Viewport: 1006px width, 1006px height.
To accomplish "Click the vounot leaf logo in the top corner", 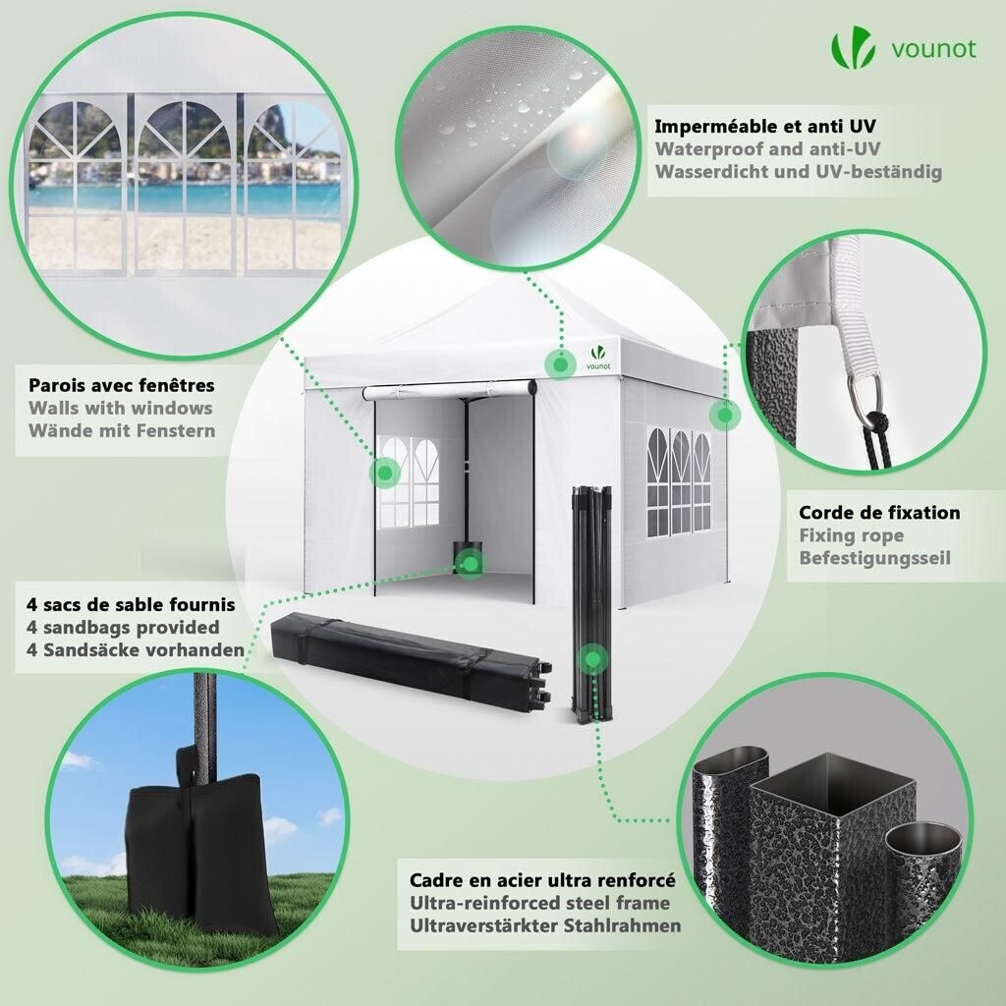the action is click(853, 49).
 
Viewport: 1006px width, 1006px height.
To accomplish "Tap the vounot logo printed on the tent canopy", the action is click(598, 358).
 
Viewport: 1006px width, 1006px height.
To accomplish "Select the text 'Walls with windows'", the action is click(120, 408).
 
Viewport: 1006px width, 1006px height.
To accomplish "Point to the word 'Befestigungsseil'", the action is click(874, 558).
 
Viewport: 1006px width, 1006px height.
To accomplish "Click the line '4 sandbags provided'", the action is click(123, 627).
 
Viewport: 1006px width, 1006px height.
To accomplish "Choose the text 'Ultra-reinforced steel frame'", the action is click(539, 903).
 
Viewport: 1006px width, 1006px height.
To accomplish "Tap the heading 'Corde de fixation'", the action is click(879, 512).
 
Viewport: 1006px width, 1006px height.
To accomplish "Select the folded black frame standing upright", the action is click(592, 604).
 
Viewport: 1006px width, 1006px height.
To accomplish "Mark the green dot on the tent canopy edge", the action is click(560, 364).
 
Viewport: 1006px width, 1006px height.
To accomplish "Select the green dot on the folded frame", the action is click(592, 659).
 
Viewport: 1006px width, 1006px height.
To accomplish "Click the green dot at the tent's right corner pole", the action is click(725, 416).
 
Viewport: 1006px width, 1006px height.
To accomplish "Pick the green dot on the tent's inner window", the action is click(385, 474).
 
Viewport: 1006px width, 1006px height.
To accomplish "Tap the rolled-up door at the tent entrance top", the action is click(450, 389).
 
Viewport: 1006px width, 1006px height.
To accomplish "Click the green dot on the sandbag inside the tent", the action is click(471, 564).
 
